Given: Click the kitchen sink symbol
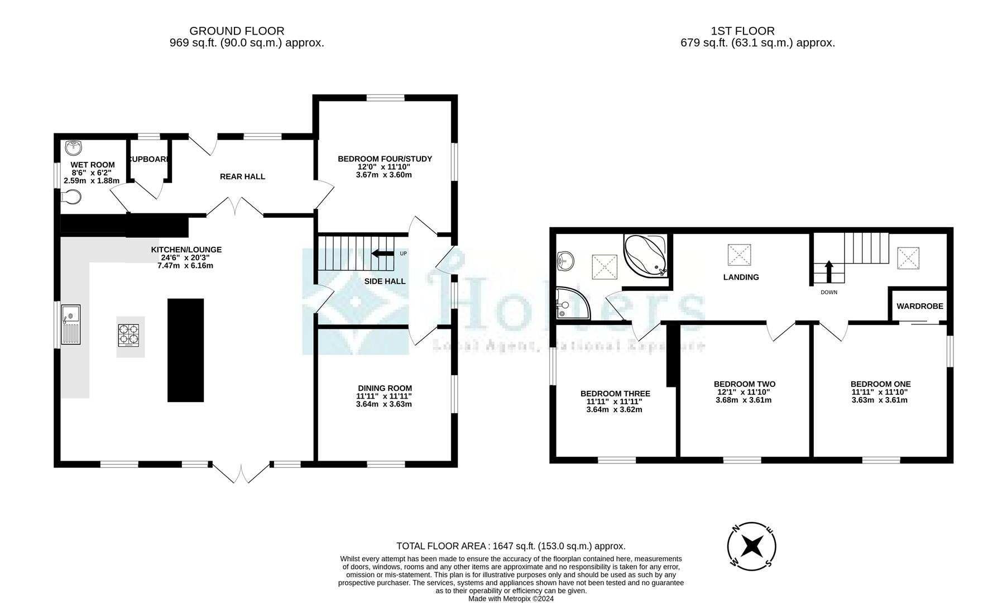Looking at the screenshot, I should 71,325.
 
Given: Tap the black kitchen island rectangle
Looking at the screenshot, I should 185,350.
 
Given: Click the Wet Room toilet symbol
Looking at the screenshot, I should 71,197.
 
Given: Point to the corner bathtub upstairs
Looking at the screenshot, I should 646,255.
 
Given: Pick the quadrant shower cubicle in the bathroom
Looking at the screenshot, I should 571,304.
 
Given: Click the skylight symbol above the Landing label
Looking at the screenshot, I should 739,255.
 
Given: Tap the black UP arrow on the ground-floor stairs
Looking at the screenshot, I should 382,253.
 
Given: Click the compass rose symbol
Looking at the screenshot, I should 751,545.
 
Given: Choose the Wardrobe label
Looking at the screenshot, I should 919,306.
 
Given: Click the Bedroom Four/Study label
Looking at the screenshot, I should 385,159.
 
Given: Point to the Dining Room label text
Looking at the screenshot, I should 385,388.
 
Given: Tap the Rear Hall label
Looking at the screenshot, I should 242,176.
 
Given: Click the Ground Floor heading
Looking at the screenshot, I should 237,31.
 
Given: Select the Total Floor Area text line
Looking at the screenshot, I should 511,546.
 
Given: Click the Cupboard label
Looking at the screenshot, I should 149,159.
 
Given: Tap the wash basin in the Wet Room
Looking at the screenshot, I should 73,147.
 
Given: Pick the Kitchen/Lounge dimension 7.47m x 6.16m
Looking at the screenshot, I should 186,266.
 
